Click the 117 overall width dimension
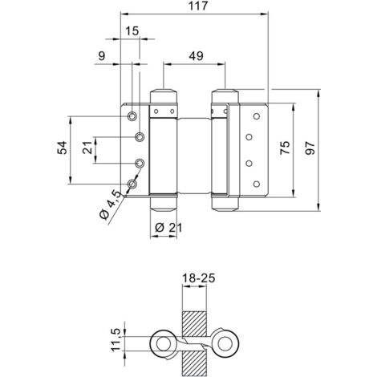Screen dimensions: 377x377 pos(198,6)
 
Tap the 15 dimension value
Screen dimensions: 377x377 pos(132,31)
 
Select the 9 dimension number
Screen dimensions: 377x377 pos(102,56)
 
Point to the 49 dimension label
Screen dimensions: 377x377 pos(196,56)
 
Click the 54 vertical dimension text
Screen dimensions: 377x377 pos(62,148)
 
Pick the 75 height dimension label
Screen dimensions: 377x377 pos(285,148)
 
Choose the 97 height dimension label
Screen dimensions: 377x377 pos(310,148)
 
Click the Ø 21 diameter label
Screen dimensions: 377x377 pos(168,228)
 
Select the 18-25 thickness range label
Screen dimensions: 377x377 pos(198,278)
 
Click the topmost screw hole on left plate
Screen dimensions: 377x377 pos(132,116)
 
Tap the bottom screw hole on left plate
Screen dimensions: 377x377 pos(132,184)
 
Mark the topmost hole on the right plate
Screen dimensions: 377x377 pos(257,116)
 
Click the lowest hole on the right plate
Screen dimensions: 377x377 pos(257,184)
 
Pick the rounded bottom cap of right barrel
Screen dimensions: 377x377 pos(225,204)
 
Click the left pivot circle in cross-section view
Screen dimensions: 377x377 pos(163,343)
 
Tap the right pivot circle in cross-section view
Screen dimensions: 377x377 pos(225,343)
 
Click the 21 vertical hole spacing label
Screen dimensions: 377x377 pos(87,147)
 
